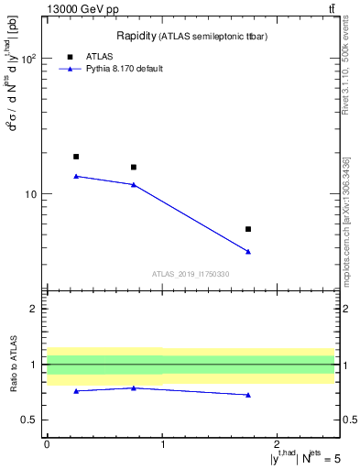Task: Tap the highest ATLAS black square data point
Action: point(76,157)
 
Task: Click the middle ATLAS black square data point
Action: point(134,167)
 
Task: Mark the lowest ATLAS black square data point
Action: point(248,229)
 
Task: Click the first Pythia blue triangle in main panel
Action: point(76,176)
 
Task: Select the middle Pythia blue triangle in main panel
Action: point(134,185)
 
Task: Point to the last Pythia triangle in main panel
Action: point(248,252)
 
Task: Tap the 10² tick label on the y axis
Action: point(28,58)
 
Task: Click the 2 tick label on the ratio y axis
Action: point(33,309)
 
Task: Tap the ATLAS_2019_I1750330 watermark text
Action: point(191,274)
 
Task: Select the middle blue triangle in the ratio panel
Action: point(134,387)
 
